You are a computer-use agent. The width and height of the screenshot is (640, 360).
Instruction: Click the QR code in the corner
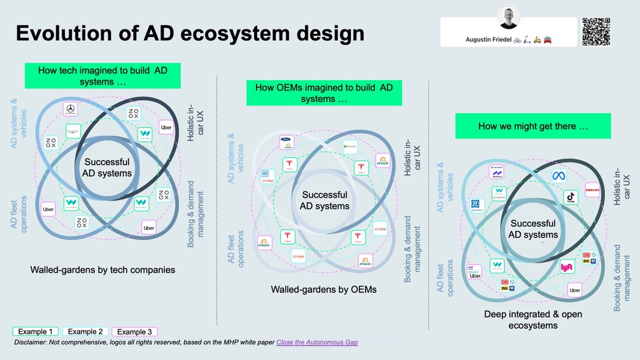coord(596,31)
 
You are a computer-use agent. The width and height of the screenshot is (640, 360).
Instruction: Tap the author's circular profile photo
coord(509,18)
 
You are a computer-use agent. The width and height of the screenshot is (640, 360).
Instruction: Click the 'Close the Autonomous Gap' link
coord(316,342)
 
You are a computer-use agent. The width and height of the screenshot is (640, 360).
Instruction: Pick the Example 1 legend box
coord(36,331)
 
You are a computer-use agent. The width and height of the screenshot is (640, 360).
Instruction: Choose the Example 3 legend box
coord(134,331)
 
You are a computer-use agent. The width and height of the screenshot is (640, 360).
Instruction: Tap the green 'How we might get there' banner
coord(532,126)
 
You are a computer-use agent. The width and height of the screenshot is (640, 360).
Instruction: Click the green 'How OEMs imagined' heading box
coord(324,93)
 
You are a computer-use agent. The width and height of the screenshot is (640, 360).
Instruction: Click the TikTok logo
coord(571,198)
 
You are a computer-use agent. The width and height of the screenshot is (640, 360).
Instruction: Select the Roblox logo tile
coord(592,190)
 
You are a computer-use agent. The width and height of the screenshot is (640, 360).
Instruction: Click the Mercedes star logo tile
coord(71,110)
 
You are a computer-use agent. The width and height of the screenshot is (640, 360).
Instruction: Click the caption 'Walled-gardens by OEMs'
coord(324,289)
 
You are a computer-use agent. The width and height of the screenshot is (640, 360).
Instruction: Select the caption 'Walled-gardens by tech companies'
coord(103,270)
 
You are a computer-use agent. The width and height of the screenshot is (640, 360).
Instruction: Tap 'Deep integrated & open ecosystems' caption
coord(532,320)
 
